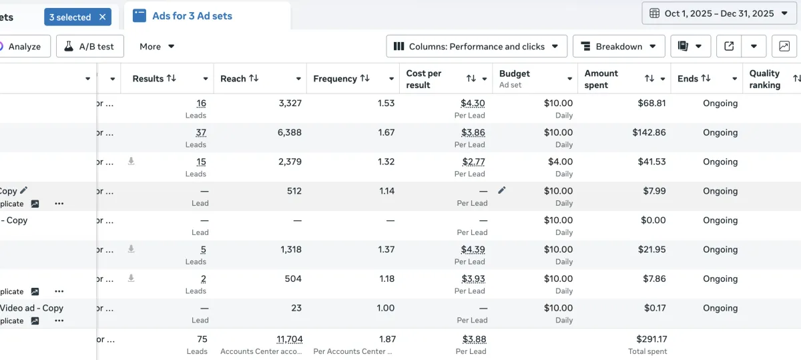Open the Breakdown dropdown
point(619,47)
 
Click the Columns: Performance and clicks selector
point(477,47)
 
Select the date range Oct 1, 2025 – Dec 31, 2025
point(719,13)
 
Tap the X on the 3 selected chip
point(102,17)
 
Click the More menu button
point(157,47)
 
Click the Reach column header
point(240,79)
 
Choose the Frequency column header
point(341,79)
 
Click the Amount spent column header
point(601,79)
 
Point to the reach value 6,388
point(289,133)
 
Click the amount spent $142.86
point(649,133)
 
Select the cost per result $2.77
point(473,162)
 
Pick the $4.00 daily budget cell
point(560,162)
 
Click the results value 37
point(201,133)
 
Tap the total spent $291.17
point(651,340)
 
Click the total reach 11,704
point(290,340)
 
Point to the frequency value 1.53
point(386,104)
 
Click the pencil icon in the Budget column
point(502,190)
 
